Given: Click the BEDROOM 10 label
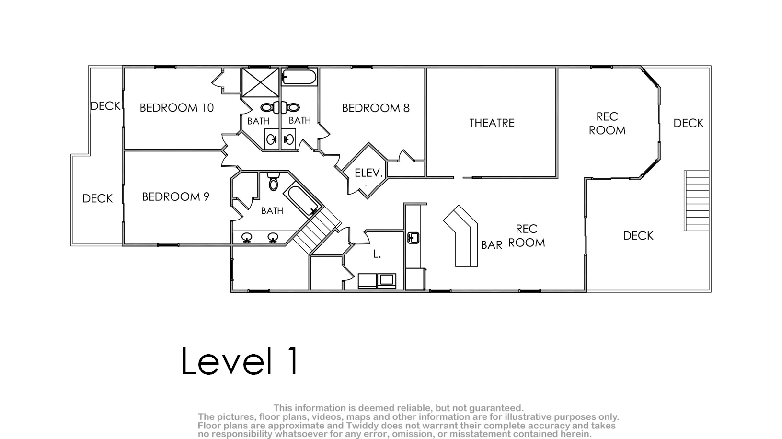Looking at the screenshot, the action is tap(177, 108).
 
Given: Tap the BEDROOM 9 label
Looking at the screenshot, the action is tap(175, 197).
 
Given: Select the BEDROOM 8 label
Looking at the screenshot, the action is tap(376, 108).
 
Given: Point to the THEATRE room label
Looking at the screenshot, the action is tap(492, 123).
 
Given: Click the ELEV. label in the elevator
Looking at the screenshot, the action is tap(368, 173).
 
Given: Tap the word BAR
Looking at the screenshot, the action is tap(492, 245).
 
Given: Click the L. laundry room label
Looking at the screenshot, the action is tap(377, 254).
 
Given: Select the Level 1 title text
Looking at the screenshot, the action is tap(240, 361).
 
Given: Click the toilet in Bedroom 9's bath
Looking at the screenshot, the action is tap(273, 181).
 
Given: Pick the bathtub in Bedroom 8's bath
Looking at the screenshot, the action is tap(299, 77).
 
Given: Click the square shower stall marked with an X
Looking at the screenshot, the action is tap(261, 82).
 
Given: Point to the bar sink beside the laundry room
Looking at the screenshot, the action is tap(414, 238).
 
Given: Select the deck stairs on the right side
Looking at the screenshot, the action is tap(697, 200).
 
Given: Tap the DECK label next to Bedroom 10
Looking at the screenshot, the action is tap(105, 106).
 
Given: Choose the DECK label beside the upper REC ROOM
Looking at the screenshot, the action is tap(689, 123).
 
